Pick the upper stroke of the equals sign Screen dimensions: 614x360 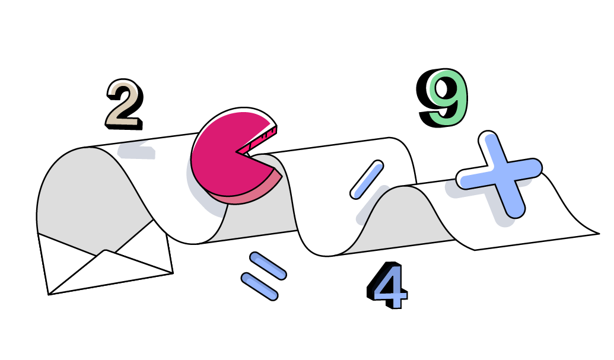tap(268, 265)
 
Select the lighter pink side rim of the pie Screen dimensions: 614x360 tap(249, 193)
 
